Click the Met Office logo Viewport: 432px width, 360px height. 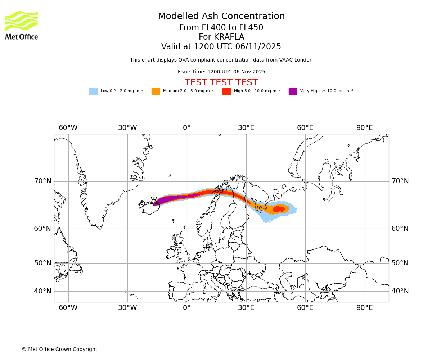point(22,25)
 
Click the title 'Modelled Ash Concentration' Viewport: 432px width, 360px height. point(221,17)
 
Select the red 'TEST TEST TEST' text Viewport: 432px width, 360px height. point(221,82)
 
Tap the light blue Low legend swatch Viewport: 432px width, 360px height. point(93,91)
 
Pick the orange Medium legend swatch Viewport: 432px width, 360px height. point(156,91)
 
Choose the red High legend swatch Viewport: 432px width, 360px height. point(226,91)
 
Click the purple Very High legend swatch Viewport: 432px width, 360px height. point(293,91)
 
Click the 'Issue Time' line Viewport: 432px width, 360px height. point(221,72)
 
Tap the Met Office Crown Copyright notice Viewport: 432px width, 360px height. point(59,349)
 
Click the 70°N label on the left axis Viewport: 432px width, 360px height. point(42,181)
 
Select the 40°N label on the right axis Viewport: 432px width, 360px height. point(400,291)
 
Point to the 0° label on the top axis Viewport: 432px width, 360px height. point(186,128)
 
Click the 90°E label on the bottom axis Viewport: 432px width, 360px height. point(364,308)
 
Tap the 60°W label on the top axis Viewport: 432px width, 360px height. point(68,128)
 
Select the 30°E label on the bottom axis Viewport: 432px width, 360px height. point(246,308)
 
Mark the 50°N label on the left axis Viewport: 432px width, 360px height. point(42,263)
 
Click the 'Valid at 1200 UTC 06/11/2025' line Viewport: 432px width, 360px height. point(221,47)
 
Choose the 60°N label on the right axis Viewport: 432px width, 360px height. point(400,229)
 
